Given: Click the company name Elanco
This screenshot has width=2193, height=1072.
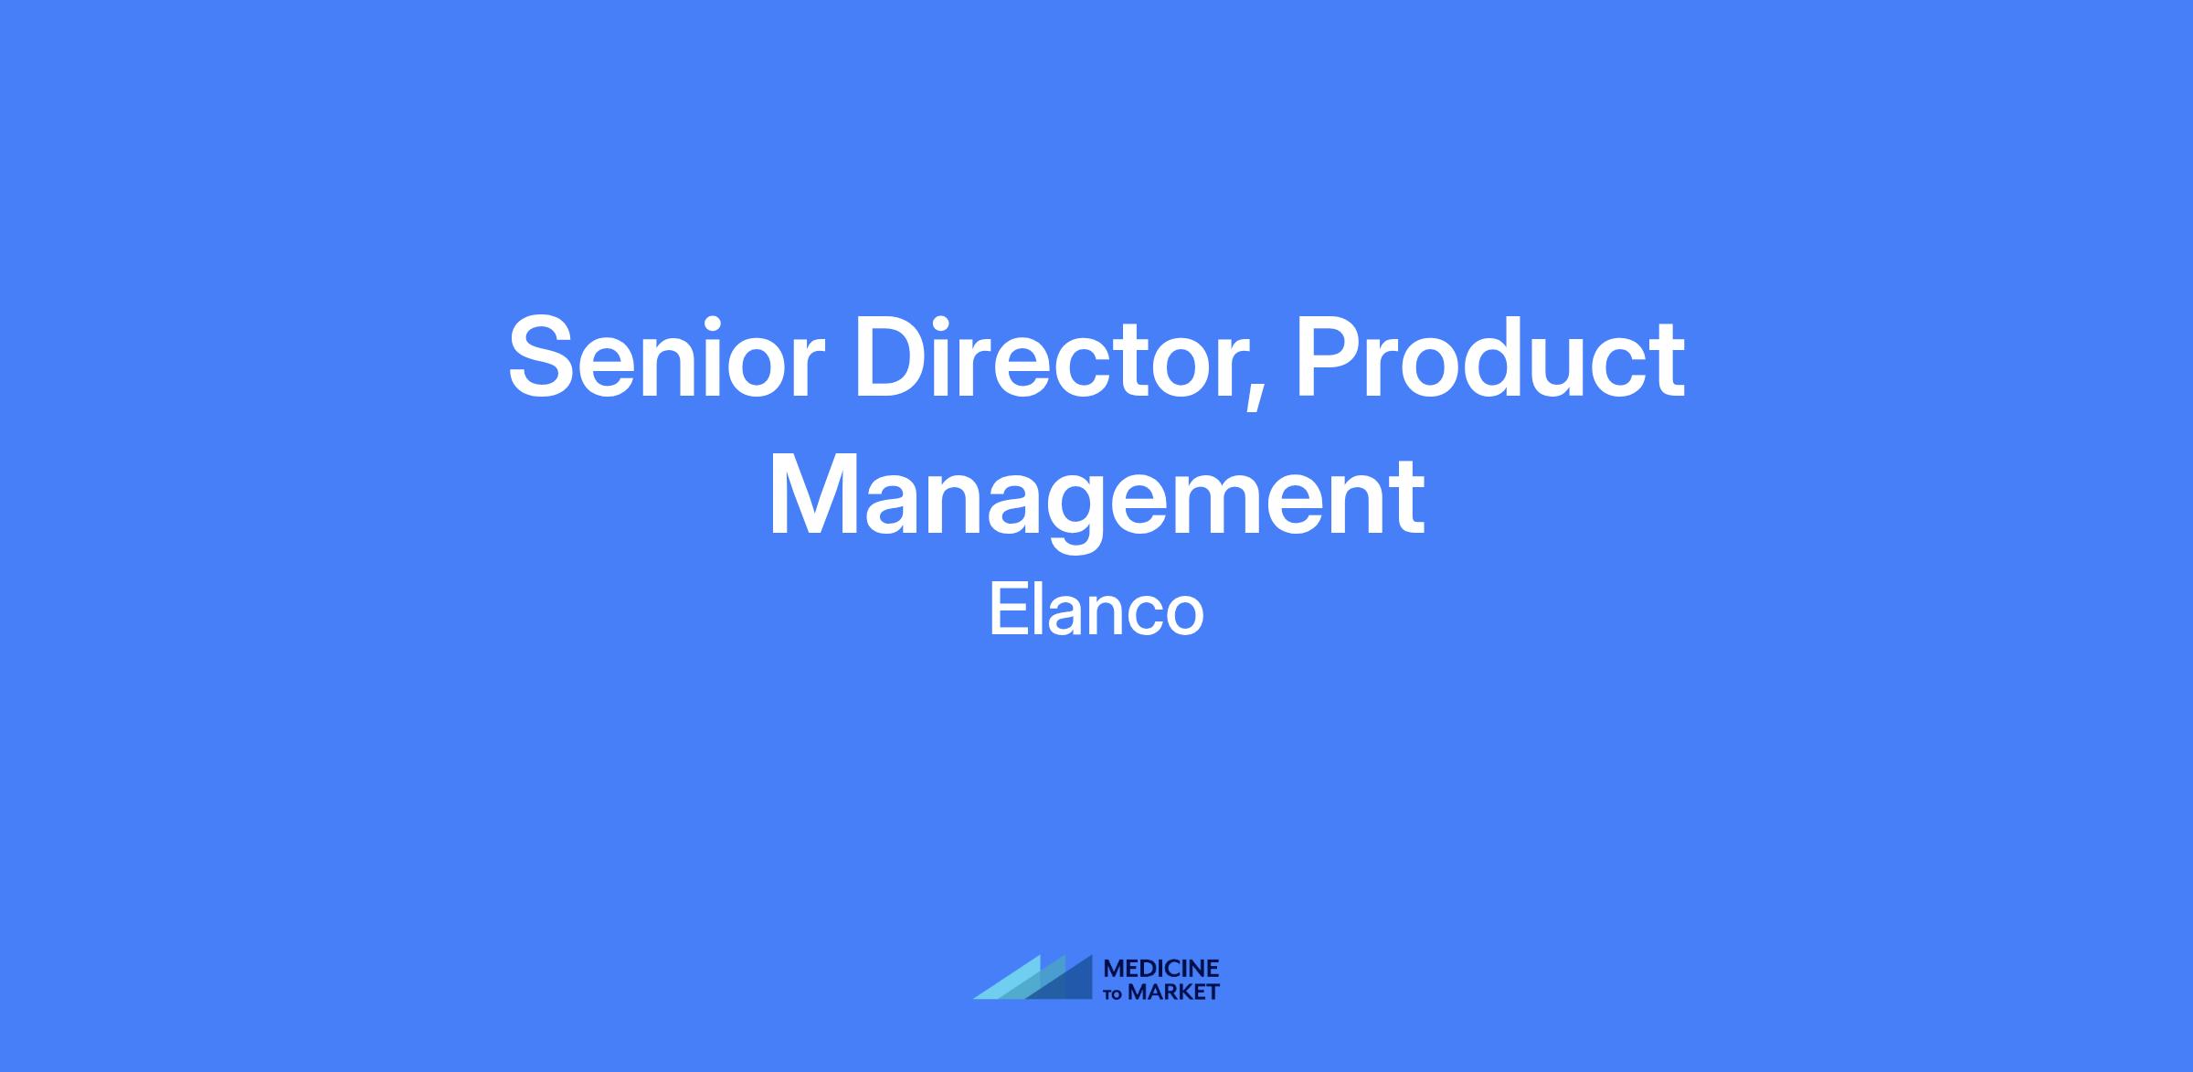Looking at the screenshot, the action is click(x=1096, y=611).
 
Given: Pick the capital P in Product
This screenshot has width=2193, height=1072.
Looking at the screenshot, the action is click(x=1330, y=357).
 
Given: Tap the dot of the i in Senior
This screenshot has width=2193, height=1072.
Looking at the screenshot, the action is click(x=720, y=324).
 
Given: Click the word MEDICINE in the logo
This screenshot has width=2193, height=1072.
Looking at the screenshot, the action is click(x=1161, y=968).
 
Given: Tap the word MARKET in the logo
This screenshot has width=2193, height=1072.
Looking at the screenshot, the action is click(x=1173, y=992).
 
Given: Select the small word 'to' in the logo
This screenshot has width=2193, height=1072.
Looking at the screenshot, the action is click(x=1113, y=994).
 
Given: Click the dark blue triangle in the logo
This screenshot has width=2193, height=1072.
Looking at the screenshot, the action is click(x=1060, y=977).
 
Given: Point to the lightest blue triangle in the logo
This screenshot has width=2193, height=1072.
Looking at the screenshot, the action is click(x=1010, y=980).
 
